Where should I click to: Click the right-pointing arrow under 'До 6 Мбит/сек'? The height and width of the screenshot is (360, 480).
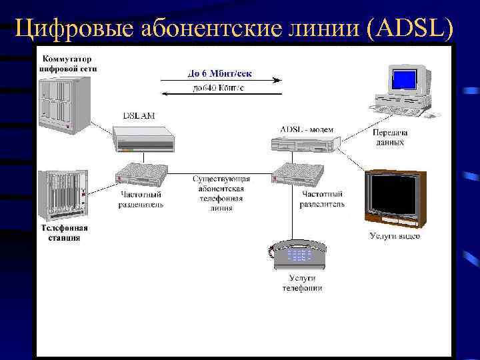221,81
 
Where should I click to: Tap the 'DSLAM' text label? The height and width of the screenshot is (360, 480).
139,115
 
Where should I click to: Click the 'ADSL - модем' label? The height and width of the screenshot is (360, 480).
307,129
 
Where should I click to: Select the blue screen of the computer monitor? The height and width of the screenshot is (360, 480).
404,80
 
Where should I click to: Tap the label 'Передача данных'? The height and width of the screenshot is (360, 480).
390,137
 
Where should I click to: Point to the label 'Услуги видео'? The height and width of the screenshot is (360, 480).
395,235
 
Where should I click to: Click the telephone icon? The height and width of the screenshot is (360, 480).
298,253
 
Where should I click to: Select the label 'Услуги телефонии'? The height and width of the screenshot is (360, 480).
301,283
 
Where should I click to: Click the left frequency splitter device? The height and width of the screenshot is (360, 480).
140,175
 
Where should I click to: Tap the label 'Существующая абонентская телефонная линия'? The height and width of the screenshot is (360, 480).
221,193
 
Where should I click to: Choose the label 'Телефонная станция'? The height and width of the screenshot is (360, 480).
63,233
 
